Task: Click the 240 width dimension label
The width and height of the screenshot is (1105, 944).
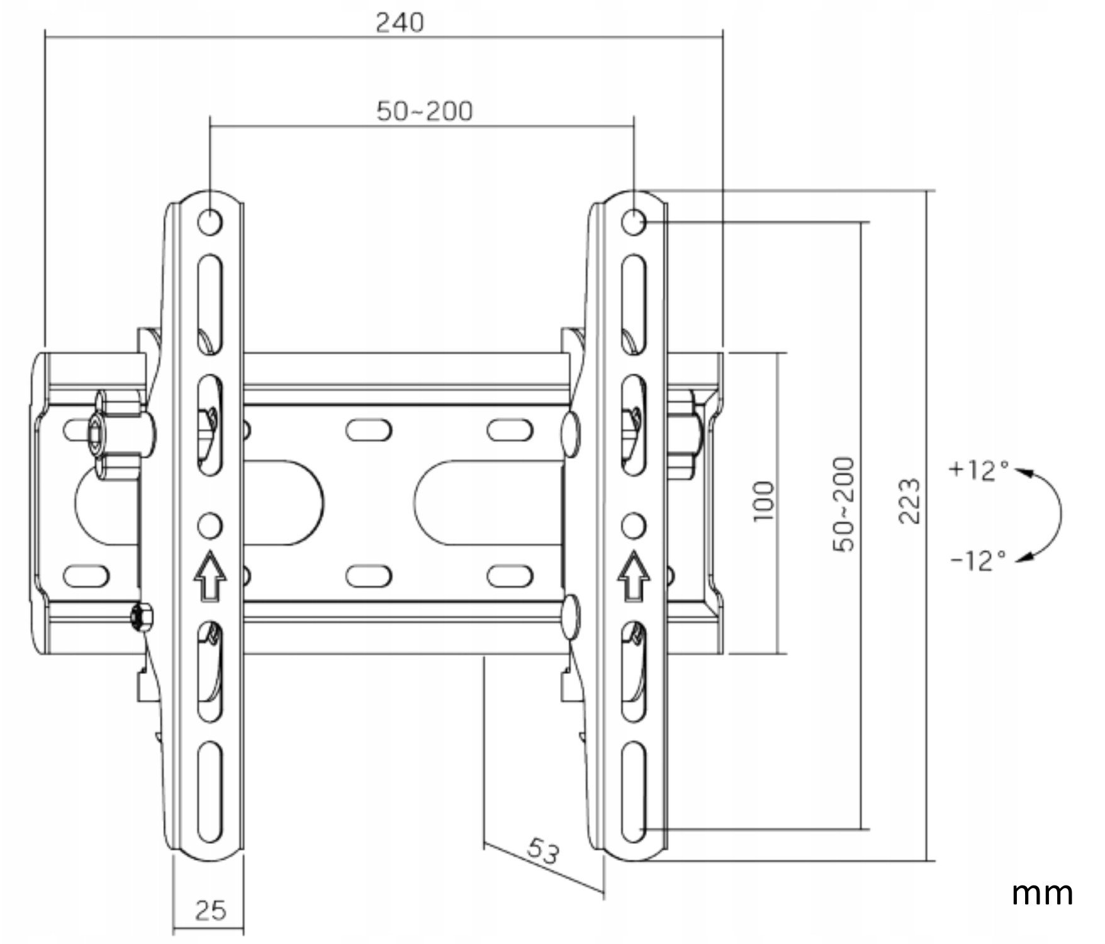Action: coord(400,23)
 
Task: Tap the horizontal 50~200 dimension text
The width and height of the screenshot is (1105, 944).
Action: coord(424,111)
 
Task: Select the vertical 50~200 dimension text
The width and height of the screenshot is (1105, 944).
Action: coord(844,505)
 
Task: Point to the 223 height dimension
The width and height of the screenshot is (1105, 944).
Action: coord(909,502)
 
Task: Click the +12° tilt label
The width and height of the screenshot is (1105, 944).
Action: coord(979,470)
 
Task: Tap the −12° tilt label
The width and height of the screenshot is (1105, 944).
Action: coord(978,559)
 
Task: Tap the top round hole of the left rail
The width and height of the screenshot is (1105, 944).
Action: coord(210,222)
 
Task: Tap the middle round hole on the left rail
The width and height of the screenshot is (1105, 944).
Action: coord(210,524)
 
